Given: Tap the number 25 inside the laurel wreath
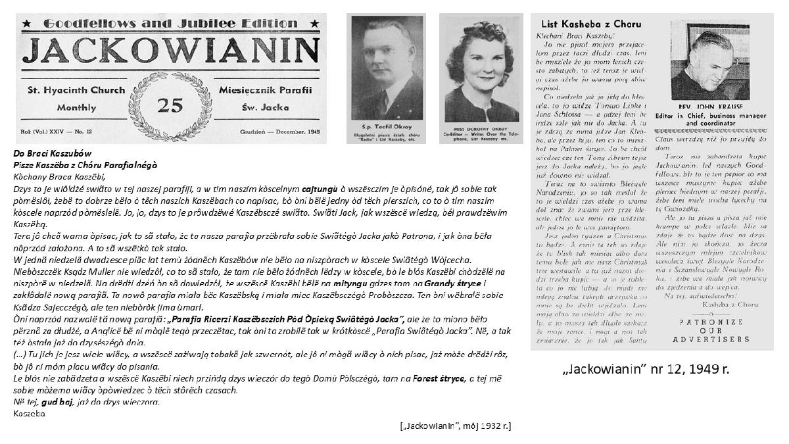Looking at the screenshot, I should [x=170, y=104].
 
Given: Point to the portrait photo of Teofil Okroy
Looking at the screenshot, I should [x=386, y=66].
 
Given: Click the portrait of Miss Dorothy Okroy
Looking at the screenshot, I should [x=481, y=66].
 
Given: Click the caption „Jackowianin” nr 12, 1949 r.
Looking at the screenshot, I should [x=646, y=370].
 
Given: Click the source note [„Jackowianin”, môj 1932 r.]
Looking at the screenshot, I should [x=455, y=426].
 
